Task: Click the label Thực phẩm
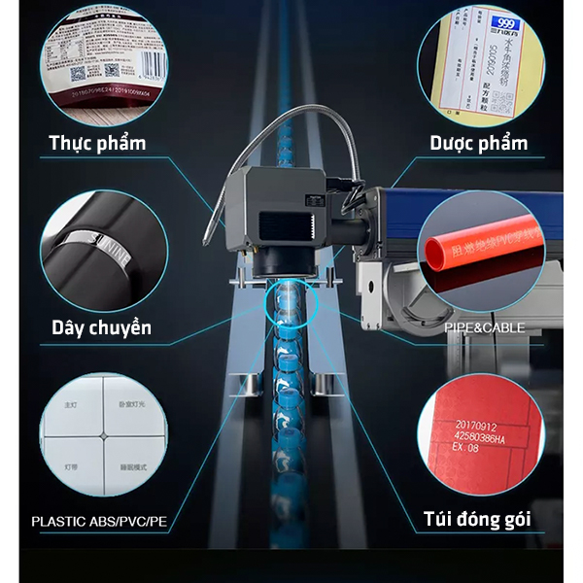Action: [x=97, y=144]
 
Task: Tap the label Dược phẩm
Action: [x=479, y=144]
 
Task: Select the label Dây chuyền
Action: [x=101, y=327]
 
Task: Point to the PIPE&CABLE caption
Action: [x=484, y=327]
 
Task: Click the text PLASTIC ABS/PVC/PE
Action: [x=99, y=521]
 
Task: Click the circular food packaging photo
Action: [x=97, y=63]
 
